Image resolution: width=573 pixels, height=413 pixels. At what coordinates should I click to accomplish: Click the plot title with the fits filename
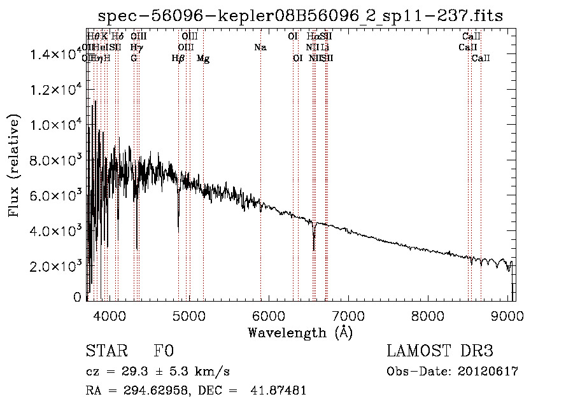301,16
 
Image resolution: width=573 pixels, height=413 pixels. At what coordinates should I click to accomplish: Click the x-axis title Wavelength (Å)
300,332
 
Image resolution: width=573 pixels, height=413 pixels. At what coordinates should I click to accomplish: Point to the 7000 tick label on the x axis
348,314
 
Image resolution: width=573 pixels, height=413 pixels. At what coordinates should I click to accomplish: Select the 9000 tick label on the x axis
507,314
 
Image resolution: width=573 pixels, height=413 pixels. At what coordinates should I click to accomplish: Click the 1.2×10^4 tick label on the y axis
55,90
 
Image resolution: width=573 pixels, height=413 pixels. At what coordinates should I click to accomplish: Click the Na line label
260,47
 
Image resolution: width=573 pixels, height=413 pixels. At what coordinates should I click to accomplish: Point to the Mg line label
203,59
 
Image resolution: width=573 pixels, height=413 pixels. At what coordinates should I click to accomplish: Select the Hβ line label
178,59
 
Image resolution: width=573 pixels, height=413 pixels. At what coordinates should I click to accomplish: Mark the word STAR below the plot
106,351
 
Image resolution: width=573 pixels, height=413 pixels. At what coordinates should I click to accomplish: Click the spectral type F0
164,351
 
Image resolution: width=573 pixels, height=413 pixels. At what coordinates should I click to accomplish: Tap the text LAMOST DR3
440,351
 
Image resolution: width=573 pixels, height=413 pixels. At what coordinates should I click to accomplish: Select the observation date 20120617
488,372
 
